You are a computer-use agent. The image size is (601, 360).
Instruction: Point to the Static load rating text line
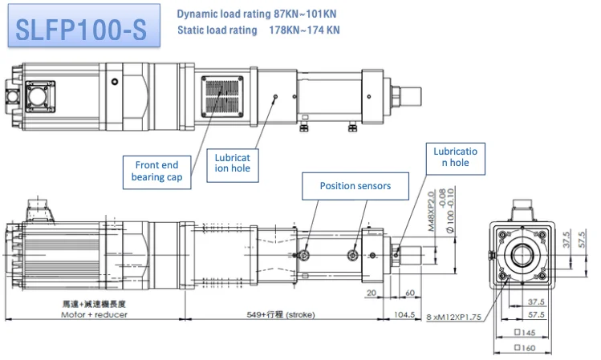pyautogui.click(x=258, y=30)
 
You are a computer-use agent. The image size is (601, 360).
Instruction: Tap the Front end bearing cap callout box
pyautogui.click(x=157, y=170)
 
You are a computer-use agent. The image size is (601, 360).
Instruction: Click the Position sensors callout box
pyautogui.click(x=355, y=185)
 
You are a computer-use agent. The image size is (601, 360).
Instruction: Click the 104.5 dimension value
pyautogui.click(x=405, y=315)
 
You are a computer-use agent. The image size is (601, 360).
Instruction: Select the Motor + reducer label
pyautogui.click(x=94, y=315)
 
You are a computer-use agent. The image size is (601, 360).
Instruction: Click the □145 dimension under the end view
pyautogui.click(x=523, y=333)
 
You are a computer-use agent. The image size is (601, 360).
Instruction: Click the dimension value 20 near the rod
pyautogui.click(x=370, y=293)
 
